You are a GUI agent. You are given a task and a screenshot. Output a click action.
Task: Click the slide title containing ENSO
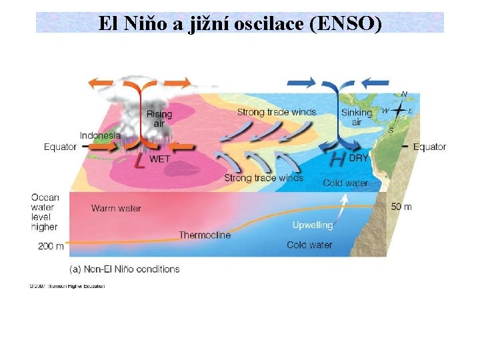[x=240, y=24]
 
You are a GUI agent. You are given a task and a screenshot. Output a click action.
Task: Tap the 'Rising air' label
[x=159, y=118]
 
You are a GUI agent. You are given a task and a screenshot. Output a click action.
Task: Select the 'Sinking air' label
[x=356, y=117]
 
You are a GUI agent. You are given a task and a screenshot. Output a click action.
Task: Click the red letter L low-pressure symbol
[x=139, y=161]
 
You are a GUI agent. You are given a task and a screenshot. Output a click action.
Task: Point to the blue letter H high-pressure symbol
[x=338, y=160]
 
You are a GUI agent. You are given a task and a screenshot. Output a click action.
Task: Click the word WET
[x=159, y=159]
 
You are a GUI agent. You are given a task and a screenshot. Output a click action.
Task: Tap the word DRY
[x=359, y=159]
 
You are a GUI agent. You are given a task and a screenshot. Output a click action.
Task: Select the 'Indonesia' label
[x=100, y=135]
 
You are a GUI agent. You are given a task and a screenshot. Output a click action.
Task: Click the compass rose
[x=399, y=110]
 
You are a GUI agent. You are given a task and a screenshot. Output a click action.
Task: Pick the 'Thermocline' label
[x=205, y=235]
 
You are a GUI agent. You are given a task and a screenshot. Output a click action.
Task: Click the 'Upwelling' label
[x=312, y=225]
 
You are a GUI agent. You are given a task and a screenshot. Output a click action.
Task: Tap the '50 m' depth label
[x=401, y=207]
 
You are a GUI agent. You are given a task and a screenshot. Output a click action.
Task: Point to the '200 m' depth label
[x=51, y=246]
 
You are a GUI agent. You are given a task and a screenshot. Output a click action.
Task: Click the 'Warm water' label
[x=116, y=208]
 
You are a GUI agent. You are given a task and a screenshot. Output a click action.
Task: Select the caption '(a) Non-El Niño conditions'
[x=125, y=269]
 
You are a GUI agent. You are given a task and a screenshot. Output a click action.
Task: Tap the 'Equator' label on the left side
[x=60, y=147]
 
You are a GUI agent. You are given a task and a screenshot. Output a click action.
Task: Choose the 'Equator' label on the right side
[x=429, y=147]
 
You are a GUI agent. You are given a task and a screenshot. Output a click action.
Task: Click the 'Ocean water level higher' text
[x=45, y=211]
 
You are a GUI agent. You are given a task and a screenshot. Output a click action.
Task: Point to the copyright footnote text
[x=67, y=286]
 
